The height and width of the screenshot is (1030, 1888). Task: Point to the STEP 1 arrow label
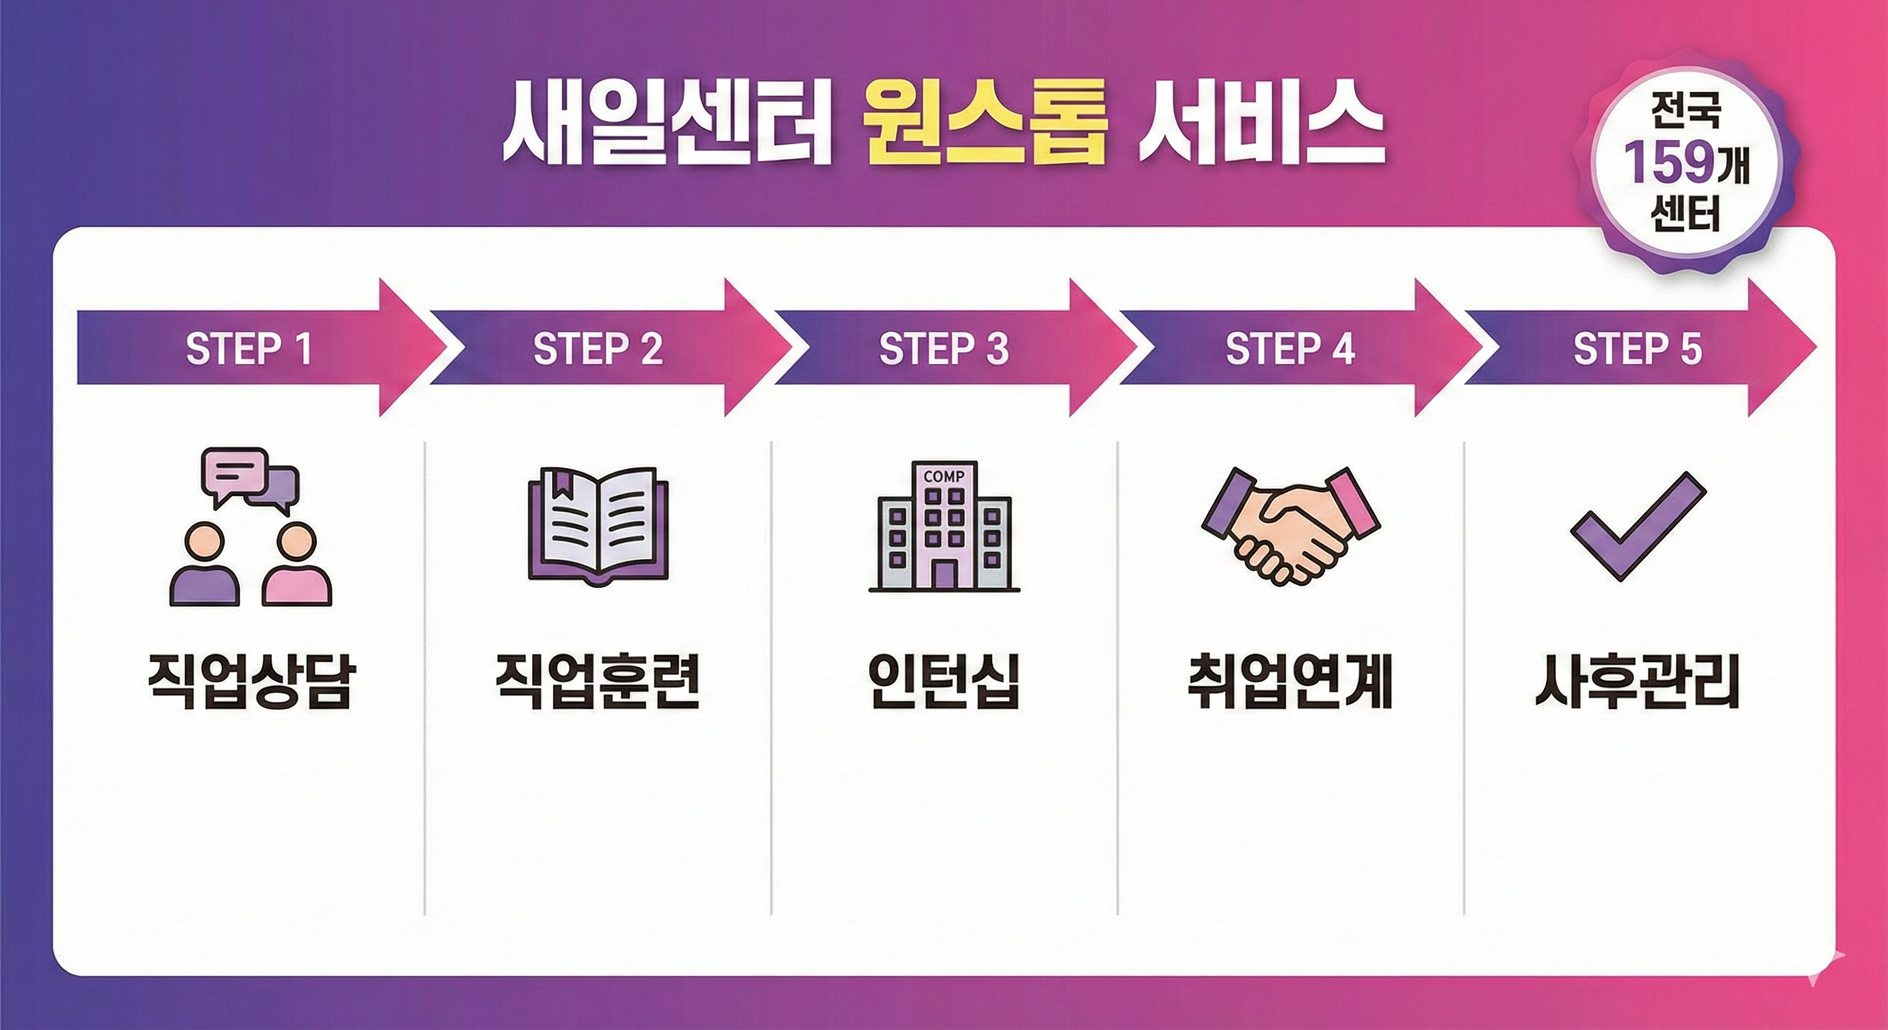[x=249, y=349]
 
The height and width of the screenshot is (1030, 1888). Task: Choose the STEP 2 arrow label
[x=598, y=349]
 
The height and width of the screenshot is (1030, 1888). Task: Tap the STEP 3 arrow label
[x=944, y=349]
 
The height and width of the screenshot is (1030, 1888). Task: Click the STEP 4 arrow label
[x=1290, y=349]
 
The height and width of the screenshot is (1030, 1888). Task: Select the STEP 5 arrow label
[x=1637, y=349]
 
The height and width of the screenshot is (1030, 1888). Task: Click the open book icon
[x=598, y=525]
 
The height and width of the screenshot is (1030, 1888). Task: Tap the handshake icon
[x=1290, y=525]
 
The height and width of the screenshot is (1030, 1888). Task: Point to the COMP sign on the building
[x=944, y=477]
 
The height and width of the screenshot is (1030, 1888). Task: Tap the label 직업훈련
[x=598, y=683]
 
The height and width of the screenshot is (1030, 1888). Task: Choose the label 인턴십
[x=944, y=683]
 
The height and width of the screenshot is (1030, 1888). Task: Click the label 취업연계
[x=1290, y=683]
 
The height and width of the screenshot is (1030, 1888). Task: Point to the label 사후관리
[x=1637, y=683]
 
